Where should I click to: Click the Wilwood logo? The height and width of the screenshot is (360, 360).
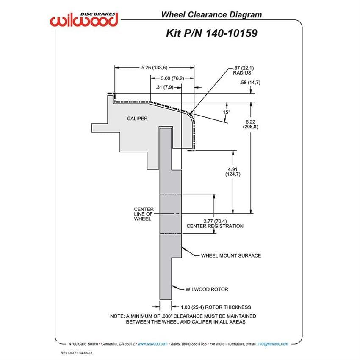pos(84,20)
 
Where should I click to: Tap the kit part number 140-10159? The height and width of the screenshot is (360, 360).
pos(231,33)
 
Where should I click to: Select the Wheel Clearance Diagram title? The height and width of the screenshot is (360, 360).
pos(211,15)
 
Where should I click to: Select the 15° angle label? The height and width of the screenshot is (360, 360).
pos(226,112)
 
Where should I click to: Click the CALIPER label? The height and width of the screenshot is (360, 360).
pos(137,119)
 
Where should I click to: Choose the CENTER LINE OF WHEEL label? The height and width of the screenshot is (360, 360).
pos(144,214)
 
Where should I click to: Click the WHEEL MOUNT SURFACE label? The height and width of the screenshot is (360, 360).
pos(231,255)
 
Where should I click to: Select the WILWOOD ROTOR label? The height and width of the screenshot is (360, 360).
pos(207,289)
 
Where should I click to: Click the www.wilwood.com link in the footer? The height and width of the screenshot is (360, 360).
pos(152,344)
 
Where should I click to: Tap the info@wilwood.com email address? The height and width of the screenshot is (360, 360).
pos(273,344)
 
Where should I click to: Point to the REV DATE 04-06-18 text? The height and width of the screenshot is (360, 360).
pos(77,353)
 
